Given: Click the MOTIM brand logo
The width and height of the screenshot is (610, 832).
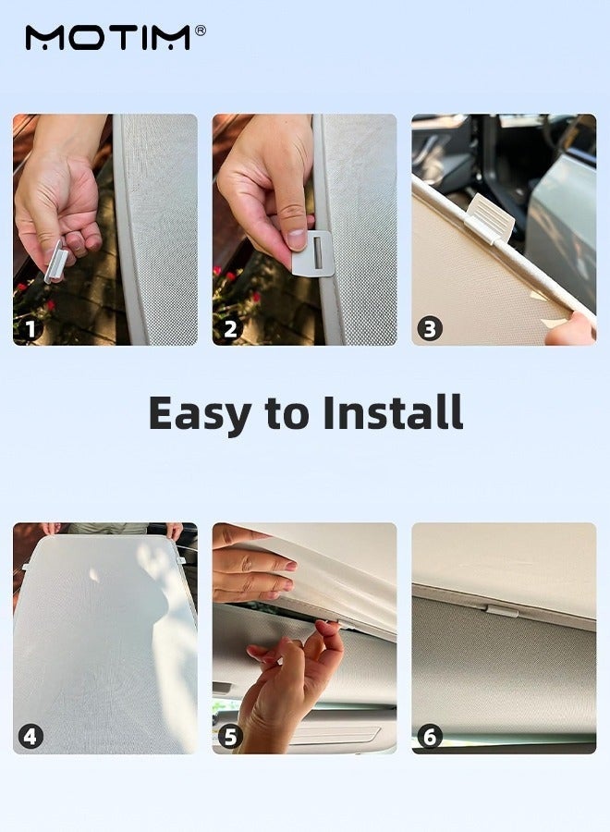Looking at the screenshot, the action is click(x=108, y=38).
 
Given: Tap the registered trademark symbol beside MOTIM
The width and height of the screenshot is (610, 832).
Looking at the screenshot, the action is click(x=201, y=31).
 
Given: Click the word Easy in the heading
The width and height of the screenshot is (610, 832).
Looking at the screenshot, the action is click(x=200, y=414).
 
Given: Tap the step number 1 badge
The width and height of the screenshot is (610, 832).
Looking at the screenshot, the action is click(x=30, y=329).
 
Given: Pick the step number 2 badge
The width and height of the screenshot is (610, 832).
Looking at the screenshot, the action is click(x=230, y=329).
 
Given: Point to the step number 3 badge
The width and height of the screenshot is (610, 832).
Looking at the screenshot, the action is click(x=430, y=329).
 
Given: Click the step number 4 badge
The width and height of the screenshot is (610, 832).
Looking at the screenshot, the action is click(x=30, y=737).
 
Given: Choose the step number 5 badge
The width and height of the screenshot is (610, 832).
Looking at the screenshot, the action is click(x=230, y=737).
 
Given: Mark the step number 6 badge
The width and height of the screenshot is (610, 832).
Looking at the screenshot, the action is click(x=430, y=737).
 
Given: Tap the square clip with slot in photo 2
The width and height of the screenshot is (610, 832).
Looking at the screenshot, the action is click(x=313, y=253).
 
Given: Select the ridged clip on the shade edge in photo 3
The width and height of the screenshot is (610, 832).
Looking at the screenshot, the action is click(x=490, y=217).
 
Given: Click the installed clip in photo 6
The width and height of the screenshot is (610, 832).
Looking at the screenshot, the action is click(x=501, y=611).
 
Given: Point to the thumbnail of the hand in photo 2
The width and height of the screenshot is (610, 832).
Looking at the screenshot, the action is click(x=297, y=239).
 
